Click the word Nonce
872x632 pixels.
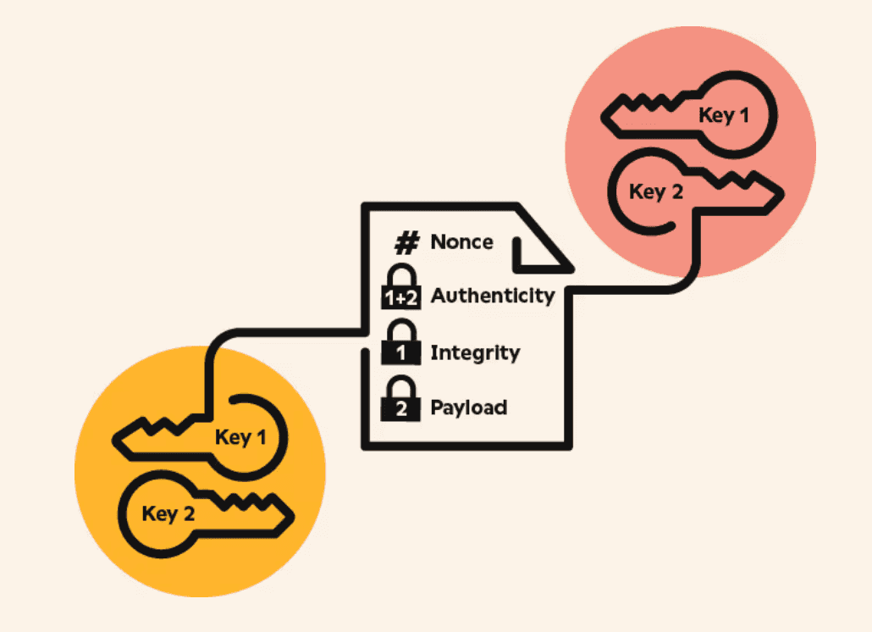coord(461,241)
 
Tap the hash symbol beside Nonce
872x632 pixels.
coord(407,243)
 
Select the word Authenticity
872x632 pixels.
coord(492,296)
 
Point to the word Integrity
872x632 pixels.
coord(475,352)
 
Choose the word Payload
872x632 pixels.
coord(468,407)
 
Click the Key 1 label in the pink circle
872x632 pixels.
coord(724,115)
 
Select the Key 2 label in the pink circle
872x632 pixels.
coord(655,192)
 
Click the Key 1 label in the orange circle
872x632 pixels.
coord(240,437)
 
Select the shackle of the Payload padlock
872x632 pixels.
coord(401,388)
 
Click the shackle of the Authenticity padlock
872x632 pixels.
coord(401,276)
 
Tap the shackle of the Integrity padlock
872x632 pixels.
coord(401,331)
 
